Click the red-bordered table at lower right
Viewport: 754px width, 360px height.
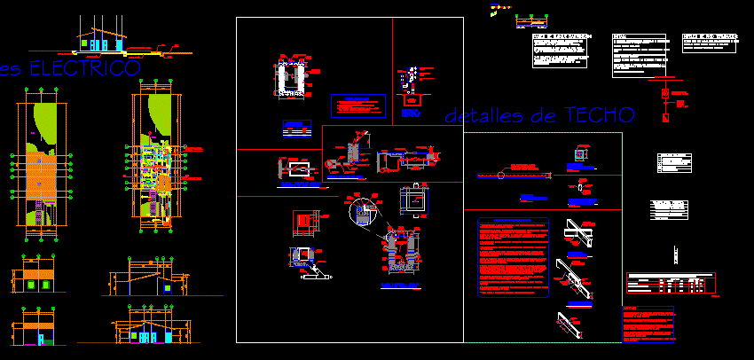pyautogui.click(x=671, y=283)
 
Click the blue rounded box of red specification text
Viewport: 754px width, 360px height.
pyautogui.click(x=513, y=257)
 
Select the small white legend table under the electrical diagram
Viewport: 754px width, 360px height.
pyautogui.click(x=674, y=163)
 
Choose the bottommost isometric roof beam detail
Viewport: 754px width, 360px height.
pyautogui.click(x=571, y=324)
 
